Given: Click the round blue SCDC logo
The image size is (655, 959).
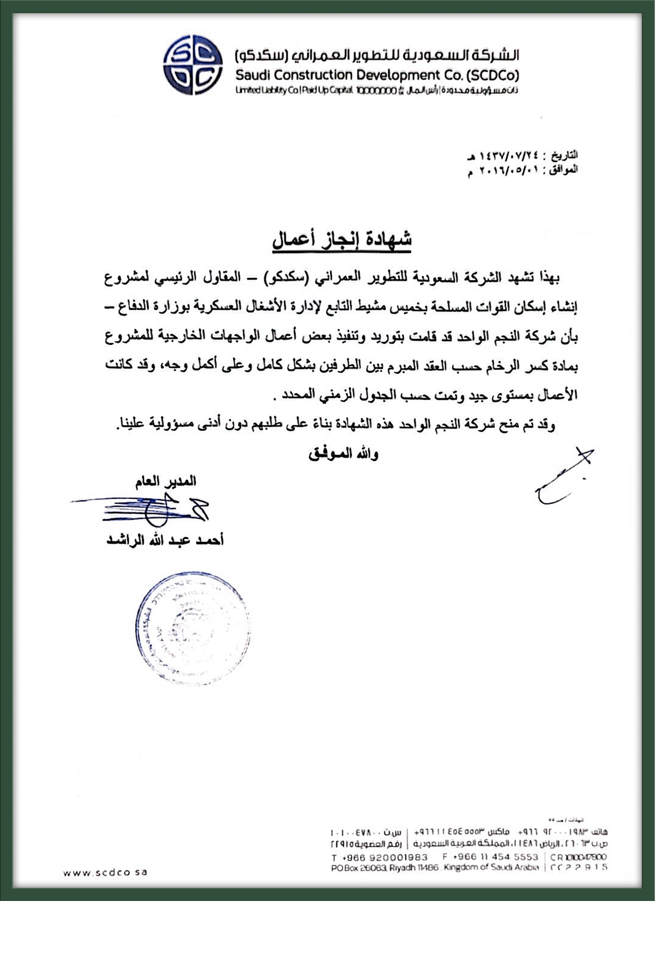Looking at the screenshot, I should coord(193,65).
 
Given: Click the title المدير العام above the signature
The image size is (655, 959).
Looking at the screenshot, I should coord(165,481).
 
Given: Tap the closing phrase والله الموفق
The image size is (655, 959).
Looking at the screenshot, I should coord(343,454).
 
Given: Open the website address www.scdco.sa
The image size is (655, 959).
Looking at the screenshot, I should coord(105,872).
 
